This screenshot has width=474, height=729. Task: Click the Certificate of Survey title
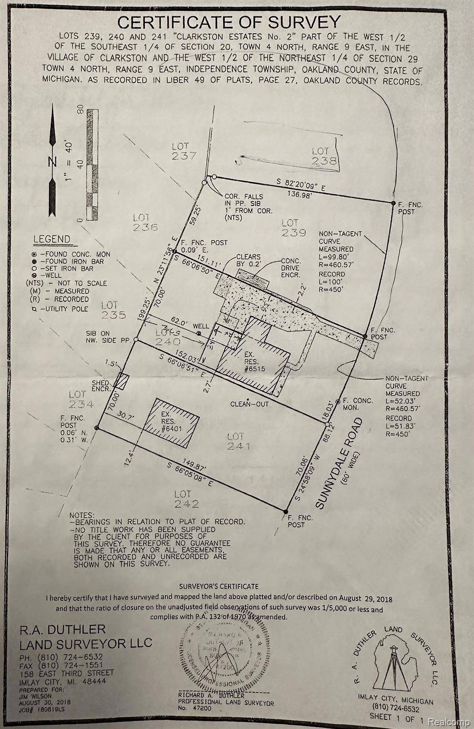click(229, 22)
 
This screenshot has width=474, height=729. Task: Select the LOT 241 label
click(238, 441)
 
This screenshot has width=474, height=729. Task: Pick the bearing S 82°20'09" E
click(302, 185)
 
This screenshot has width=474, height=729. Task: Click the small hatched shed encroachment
click(123, 381)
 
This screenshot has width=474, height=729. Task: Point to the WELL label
click(200, 327)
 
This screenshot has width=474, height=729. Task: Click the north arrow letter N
click(52, 161)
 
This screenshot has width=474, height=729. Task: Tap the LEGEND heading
click(52, 239)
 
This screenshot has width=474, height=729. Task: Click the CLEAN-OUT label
click(249, 404)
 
